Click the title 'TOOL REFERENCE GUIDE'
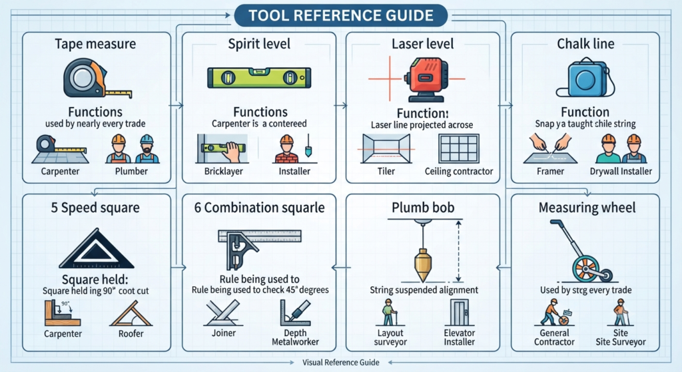click(x=341, y=16)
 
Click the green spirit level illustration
click(x=259, y=78)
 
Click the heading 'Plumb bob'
click(x=423, y=207)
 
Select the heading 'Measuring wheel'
click(x=587, y=207)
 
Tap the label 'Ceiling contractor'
click(x=459, y=171)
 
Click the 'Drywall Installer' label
click(x=621, y=171)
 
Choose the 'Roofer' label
click(x=131, y=333)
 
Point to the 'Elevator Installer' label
click(x=460, y=337)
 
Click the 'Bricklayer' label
click(x=224, y=171)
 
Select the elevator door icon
click(x=460, y=313)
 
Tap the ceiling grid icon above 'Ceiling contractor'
click(x=459, y=148)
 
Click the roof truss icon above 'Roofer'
click(x=131, y=313)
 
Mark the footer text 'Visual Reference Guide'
click(x=341, y=363)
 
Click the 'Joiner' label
click(x=224, y=333)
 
